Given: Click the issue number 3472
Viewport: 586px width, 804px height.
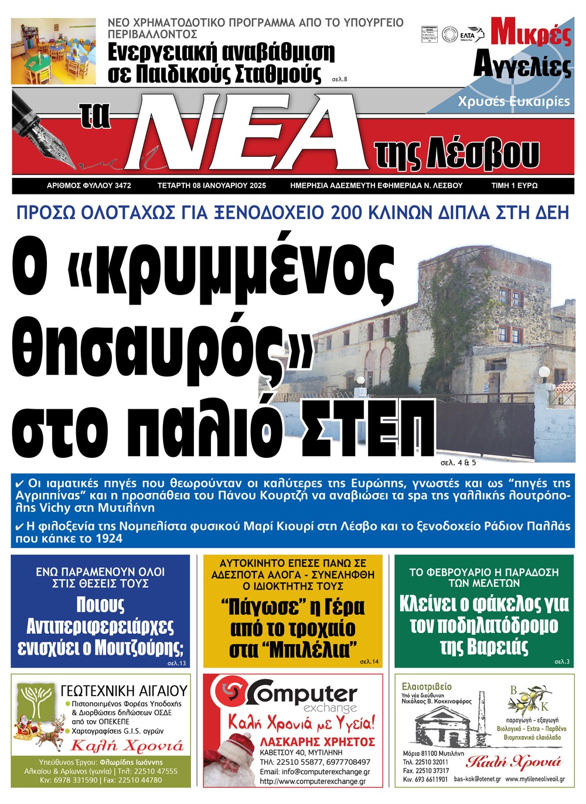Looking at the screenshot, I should tap(123, 186).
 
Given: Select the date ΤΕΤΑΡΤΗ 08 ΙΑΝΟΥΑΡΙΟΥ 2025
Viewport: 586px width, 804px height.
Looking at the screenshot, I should tap(212, 186).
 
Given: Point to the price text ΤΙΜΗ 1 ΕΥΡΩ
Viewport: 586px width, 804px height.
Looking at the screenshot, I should tap(514, 186).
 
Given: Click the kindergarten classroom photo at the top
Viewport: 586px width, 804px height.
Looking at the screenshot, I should tap(53, 51).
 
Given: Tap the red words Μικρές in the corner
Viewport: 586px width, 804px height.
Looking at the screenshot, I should tap(530, 33).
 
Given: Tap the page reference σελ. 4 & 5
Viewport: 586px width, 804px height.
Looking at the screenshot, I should tap(458, 463).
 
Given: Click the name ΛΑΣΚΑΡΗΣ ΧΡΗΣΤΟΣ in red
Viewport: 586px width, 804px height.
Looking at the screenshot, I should tap(317, 741).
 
